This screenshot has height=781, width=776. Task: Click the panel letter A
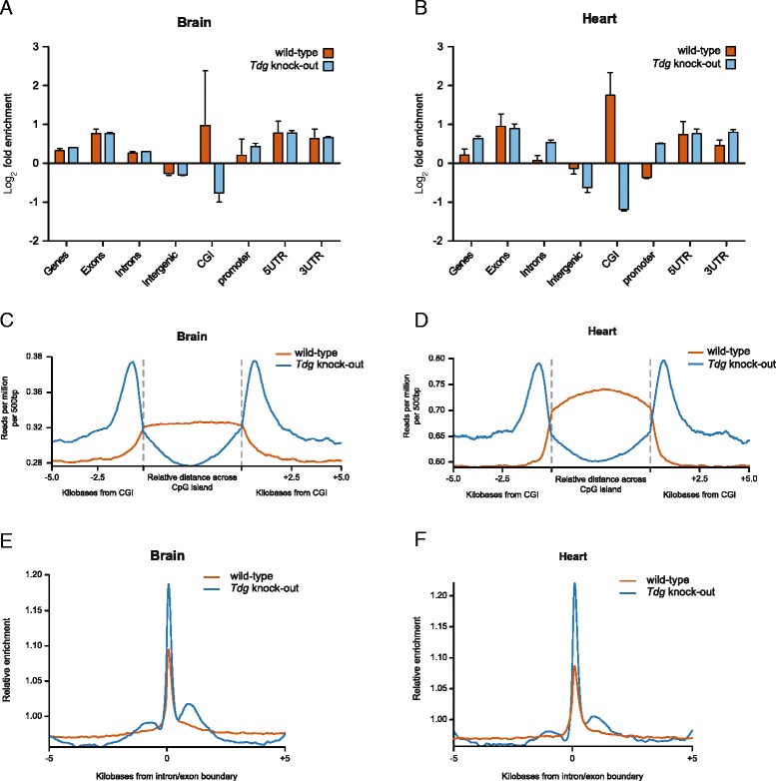point(8,9)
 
